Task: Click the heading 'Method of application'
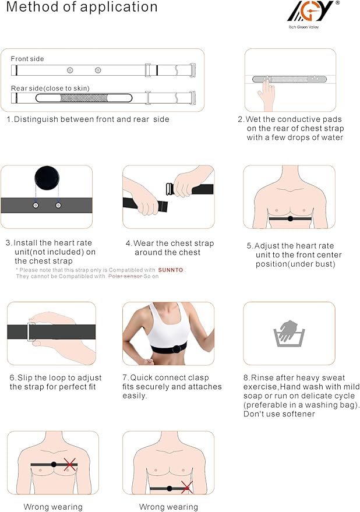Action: [82, 8]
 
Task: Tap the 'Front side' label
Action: [27, 59]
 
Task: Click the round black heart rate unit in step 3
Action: [47, 178]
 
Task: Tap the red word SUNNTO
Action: [171, 270]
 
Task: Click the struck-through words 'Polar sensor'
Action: [125, 276]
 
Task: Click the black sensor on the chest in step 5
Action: [290, 219]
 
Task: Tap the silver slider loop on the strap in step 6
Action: [32, 331]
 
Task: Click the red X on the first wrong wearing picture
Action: [70, 464]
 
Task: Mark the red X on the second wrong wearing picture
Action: [187, 487]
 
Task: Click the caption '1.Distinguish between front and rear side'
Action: [87, 119]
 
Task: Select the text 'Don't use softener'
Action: [279, 414]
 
